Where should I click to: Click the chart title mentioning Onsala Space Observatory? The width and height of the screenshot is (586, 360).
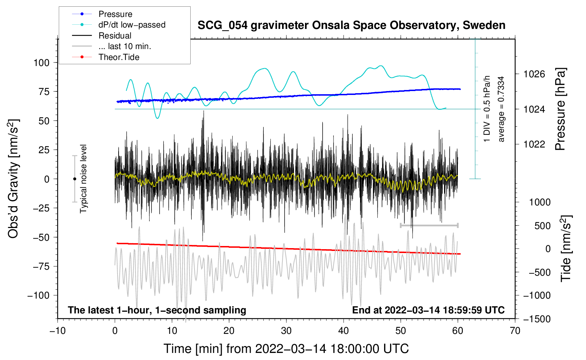tap(351, 25)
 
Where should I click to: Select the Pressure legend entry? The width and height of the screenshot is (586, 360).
tap(115, 14)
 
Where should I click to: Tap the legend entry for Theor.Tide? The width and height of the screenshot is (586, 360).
tap(119, 57)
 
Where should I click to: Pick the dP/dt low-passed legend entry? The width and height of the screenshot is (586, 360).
tap(132, 25)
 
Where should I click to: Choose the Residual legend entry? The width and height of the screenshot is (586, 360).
tap(115, 36)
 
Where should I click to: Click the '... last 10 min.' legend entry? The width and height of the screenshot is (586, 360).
tap(125, 46)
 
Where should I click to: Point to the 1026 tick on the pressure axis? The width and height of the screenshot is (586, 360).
tap(534, 74)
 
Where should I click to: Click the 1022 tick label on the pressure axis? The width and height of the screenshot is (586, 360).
tap(534, 144)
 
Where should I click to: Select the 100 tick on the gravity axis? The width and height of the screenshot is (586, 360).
tap(41, 63)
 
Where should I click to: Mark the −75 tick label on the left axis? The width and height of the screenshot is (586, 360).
tap(41, 266)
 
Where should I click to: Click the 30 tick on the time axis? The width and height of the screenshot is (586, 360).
tap(286, 331)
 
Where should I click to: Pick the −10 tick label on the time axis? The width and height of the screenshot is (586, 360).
tap(58, 331)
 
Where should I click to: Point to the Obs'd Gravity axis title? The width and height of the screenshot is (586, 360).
tap(13, 179)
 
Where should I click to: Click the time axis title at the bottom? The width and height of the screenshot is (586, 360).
tap(286, 349)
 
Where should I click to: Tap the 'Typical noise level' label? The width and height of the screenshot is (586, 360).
tap(83, 179)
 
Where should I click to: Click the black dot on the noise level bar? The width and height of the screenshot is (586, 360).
tap(74, 179)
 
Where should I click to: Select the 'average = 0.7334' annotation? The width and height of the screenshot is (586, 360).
tap(501, 109)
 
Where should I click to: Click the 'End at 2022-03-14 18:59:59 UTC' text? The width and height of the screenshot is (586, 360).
tap(428, 310)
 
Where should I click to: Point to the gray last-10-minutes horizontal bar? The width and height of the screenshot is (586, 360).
tap(429, 225)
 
